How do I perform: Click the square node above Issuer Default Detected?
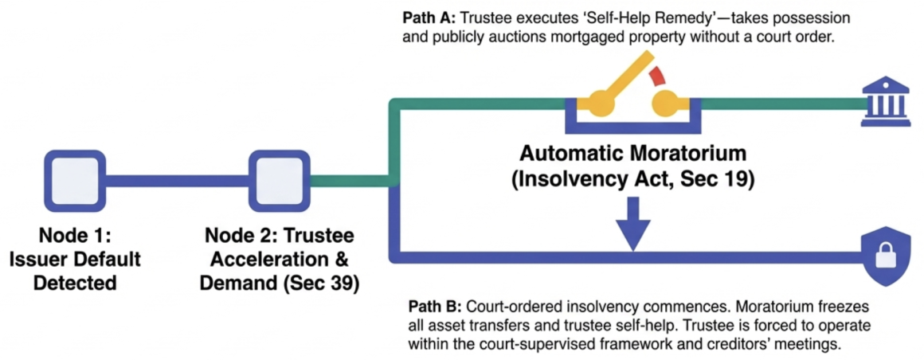[x=76, y=180]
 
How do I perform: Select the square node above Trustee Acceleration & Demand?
[x=280, y=180]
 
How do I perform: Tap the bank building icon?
[x=881, y=104]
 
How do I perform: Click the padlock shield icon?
[x=881, y=257]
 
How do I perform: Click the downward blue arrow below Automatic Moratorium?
[x=633, y=224]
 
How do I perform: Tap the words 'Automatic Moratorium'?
[x=633, y=155]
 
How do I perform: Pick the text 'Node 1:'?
[x=76, y=236]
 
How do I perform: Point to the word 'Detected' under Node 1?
[x=76, y=282]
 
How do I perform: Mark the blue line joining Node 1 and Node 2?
[x=178, y=181]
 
